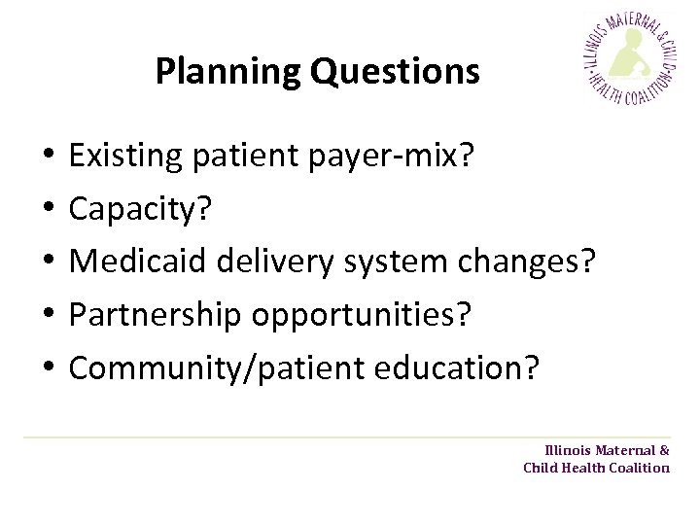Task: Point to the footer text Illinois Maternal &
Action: click(607, 450)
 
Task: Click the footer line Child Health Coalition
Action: click(596, 468)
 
